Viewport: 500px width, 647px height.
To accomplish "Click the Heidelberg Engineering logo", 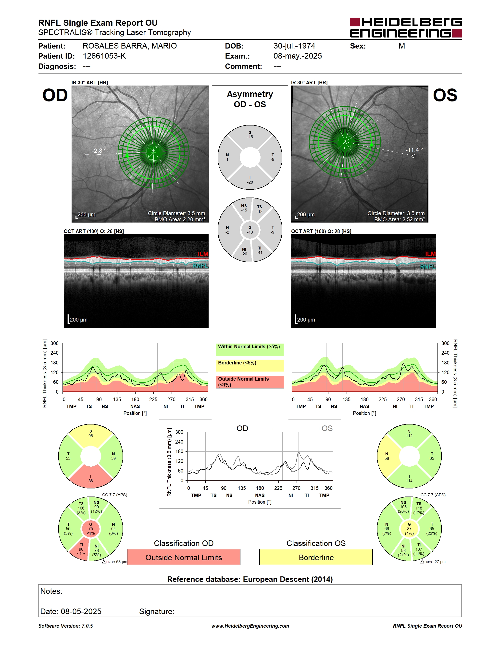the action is (406, 28).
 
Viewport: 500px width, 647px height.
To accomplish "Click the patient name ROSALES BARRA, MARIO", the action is (129, 46).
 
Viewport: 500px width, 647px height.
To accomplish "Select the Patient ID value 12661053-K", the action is (104, 56).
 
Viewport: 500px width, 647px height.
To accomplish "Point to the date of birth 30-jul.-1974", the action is (294, 46).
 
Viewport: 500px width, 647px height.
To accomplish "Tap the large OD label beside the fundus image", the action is (55, 95).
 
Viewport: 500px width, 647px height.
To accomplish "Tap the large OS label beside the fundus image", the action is (445, 95).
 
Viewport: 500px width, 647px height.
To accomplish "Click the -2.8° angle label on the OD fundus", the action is (99, 150).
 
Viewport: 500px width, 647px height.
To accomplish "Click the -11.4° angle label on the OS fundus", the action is (414, 150).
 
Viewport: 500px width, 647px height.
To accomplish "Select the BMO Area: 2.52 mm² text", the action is (399, 219).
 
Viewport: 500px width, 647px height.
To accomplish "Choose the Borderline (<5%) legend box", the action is (250, 366).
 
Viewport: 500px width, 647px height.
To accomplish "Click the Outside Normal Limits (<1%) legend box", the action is (250, 382).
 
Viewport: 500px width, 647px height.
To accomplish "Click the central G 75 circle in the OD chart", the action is (91, 528).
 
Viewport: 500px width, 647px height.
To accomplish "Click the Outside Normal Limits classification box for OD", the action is (184, 557).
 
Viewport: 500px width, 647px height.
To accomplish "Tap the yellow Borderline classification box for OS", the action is (316, 557).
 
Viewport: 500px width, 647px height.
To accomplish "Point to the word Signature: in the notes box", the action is (157, 611).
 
